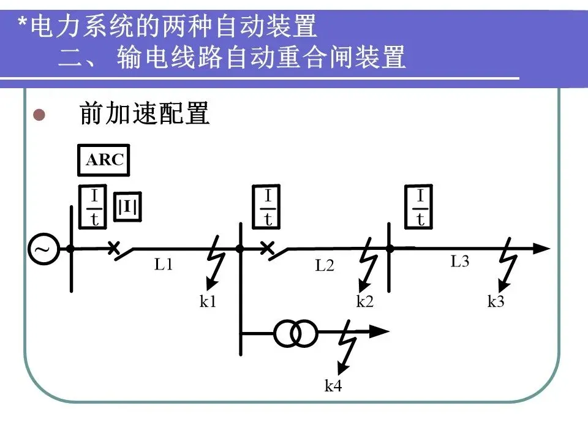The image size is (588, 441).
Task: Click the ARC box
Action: tap(104, 160)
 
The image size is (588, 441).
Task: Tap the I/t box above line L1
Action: tap(94, 208)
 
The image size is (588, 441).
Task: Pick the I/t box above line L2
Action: tap(268, 208)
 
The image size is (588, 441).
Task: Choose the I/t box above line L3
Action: tap(420, 208)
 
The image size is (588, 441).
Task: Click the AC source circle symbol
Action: tap(44, 249)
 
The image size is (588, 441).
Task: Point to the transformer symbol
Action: tap(296, 333)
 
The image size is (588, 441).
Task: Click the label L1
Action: tap(164, 265)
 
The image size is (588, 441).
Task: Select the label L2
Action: tap(325, 266)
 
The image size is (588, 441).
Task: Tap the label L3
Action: tap(460, 262)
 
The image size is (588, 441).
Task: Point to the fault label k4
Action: tap(333, 386)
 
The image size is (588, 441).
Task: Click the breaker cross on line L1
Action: tap(113, 248)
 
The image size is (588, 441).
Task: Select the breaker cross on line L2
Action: tap(266, 248)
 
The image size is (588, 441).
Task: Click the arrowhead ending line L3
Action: tap(541, 248)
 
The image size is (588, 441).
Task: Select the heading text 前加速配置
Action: tap(145, 115)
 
